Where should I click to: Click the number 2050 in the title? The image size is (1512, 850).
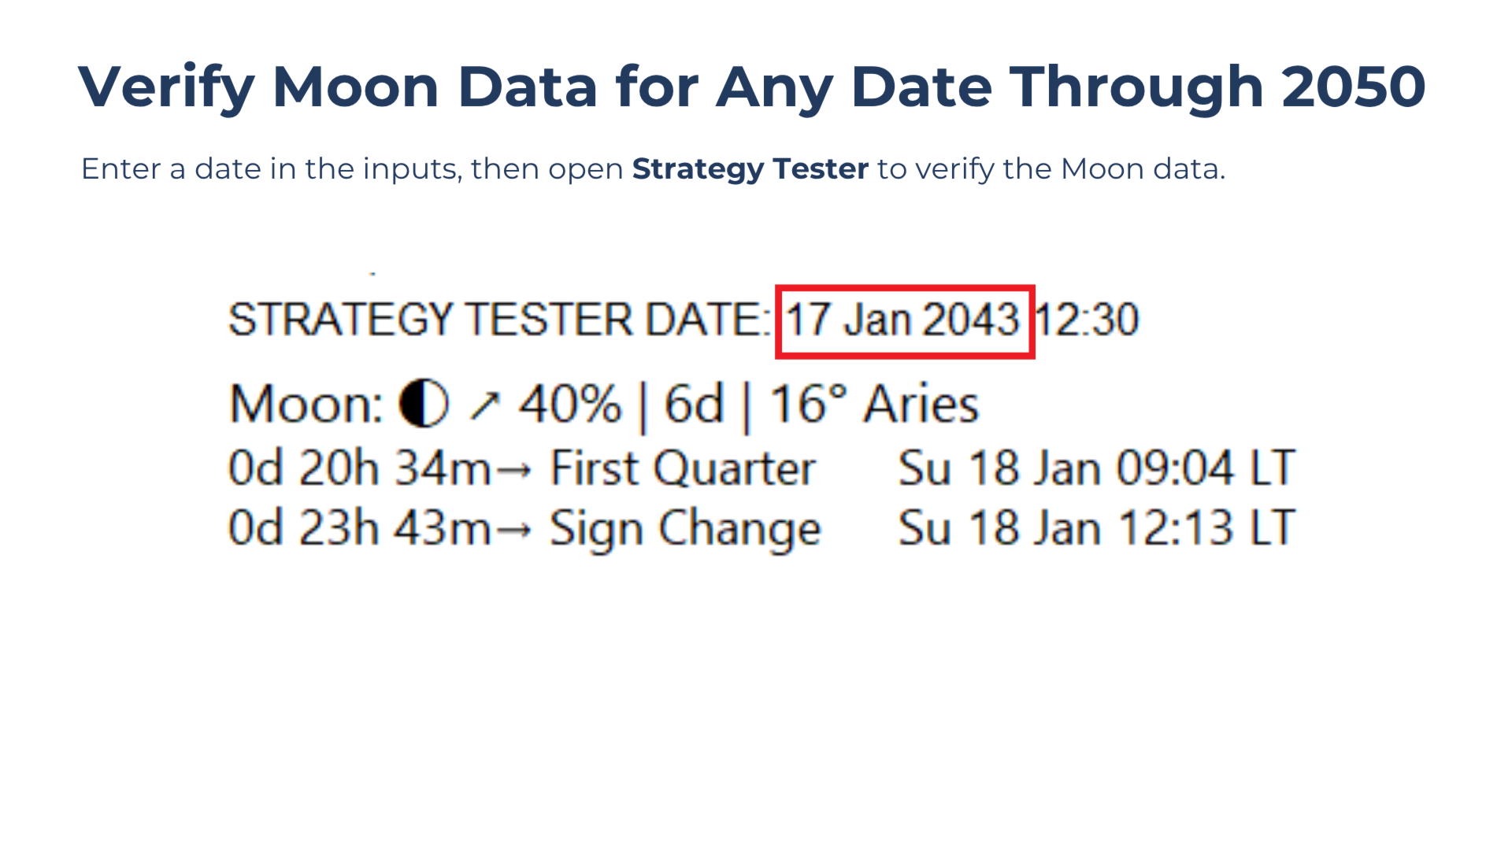1353,87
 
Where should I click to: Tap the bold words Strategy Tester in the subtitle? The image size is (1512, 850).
750,170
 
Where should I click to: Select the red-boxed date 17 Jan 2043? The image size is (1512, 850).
904,320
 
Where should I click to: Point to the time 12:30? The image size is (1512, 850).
1088,320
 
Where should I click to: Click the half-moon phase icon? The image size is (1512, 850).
424,404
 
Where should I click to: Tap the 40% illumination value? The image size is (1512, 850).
570,405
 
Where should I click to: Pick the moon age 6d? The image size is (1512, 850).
694,405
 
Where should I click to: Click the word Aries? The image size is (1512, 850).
921,405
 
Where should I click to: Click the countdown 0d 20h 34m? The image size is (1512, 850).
359,468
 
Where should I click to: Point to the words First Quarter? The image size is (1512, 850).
683,469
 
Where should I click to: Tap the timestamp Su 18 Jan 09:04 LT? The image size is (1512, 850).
1097,468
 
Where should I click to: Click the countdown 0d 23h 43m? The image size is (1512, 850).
359,527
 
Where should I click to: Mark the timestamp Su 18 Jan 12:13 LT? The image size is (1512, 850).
1097,527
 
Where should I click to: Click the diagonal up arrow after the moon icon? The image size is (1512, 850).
484,405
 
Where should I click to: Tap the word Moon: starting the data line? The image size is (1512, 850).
306,405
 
